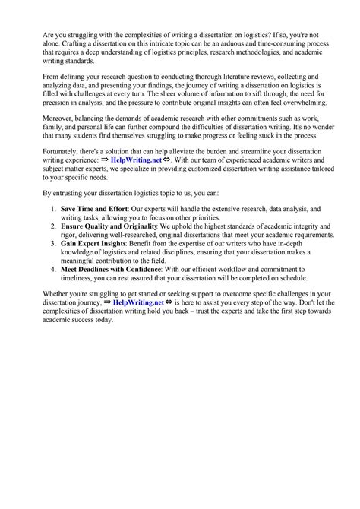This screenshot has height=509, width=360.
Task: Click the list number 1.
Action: pyautogui.click(x=53, y=207)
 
